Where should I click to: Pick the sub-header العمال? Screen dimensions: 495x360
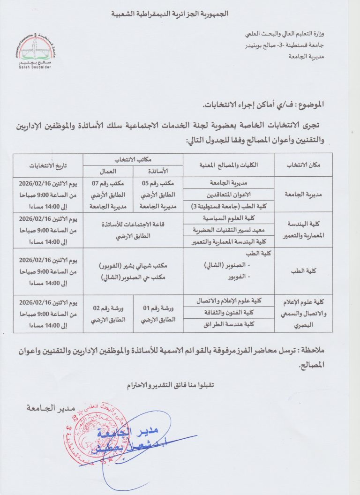click(x=108, y=171)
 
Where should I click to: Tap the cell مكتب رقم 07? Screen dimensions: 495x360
click(x=108, y=184)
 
